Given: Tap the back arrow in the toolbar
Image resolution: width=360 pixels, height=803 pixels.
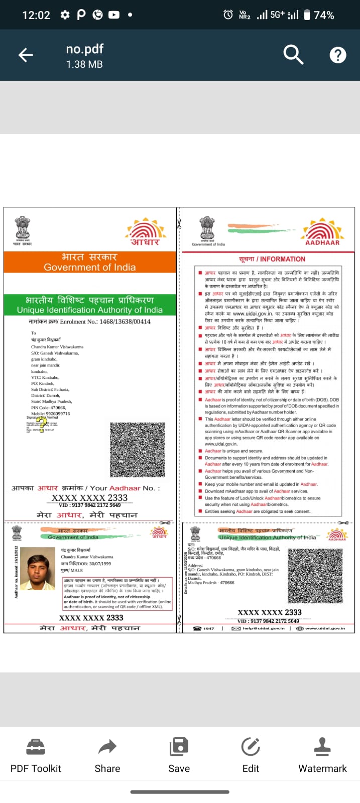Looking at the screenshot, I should [26, 55].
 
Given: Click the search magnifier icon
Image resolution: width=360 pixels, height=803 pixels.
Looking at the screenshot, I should [293, 54].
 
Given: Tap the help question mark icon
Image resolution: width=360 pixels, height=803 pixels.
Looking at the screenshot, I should [338, 55].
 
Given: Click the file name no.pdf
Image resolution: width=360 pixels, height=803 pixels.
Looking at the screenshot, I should [84, 49].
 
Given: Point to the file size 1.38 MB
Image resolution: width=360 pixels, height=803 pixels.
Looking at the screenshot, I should [84, 64].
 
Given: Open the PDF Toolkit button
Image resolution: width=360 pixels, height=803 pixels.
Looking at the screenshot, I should [36, 755].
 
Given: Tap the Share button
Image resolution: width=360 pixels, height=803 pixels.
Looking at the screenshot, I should [107, 755].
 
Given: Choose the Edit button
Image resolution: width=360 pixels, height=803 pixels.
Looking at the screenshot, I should [251, 755].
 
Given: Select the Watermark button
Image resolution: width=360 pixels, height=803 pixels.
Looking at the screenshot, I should [322, 755].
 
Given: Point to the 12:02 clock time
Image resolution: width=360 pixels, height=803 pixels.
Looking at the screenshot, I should [36, 15].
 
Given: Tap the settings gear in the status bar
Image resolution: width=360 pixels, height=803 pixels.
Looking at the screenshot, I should [65, 15].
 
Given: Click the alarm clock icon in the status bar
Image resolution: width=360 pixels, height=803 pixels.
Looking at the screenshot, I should [228, 15].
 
